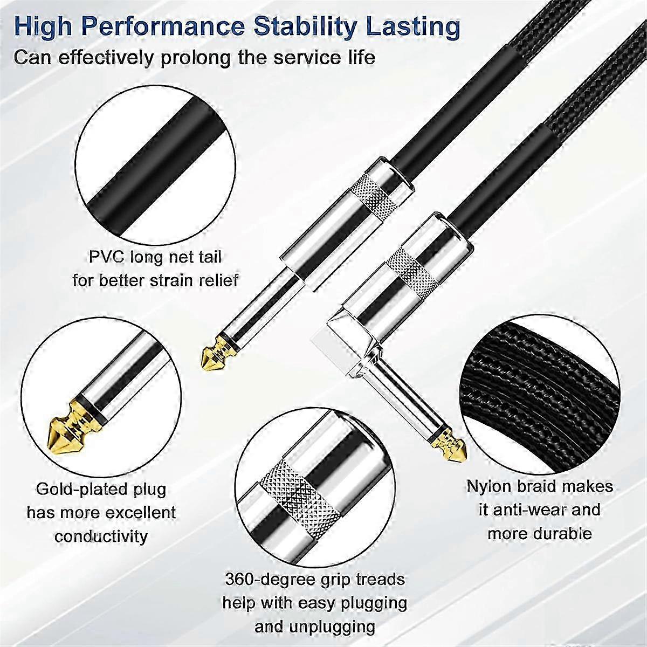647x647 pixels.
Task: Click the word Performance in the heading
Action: point(163,28)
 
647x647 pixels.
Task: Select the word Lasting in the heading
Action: point(413,28)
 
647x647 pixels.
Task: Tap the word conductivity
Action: point(101,536)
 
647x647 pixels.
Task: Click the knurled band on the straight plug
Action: point(377,197)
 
